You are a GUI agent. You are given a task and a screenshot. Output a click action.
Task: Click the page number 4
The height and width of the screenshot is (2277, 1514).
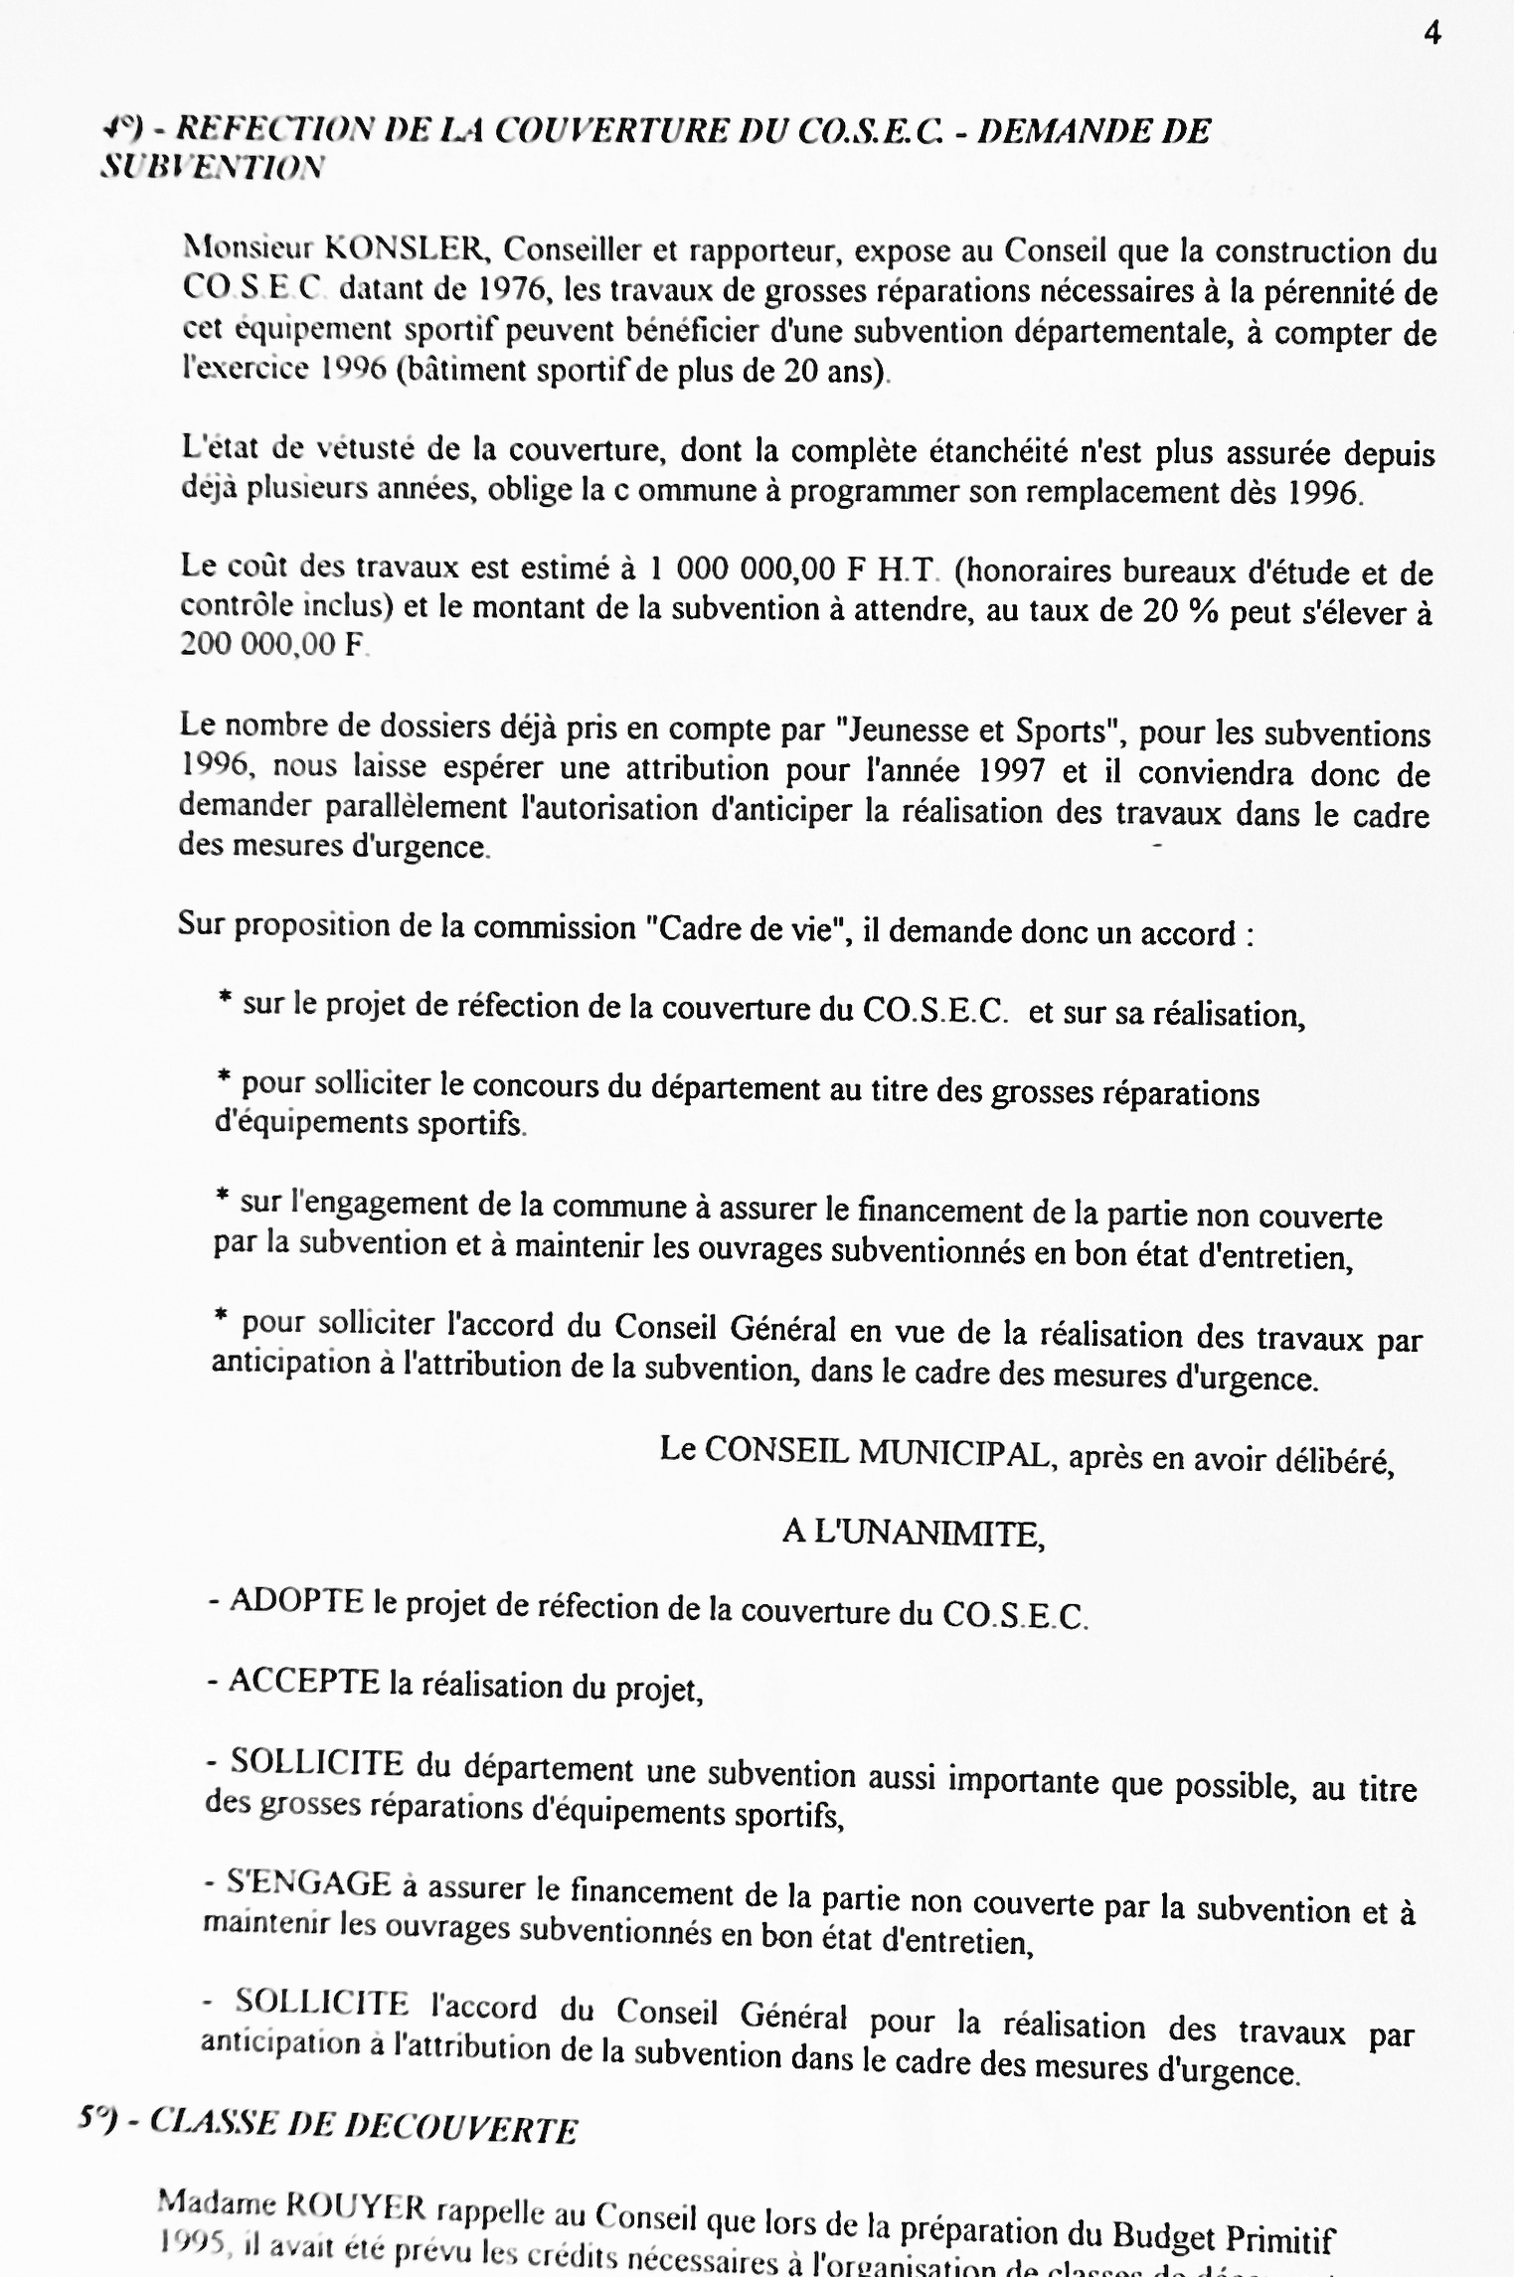1431,34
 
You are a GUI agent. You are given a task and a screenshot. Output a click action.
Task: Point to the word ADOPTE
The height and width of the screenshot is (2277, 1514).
295,1603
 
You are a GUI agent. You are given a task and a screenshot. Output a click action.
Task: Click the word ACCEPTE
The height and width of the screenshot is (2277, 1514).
303,1681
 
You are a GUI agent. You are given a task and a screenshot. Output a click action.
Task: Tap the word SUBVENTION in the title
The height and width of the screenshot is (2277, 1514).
212,167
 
